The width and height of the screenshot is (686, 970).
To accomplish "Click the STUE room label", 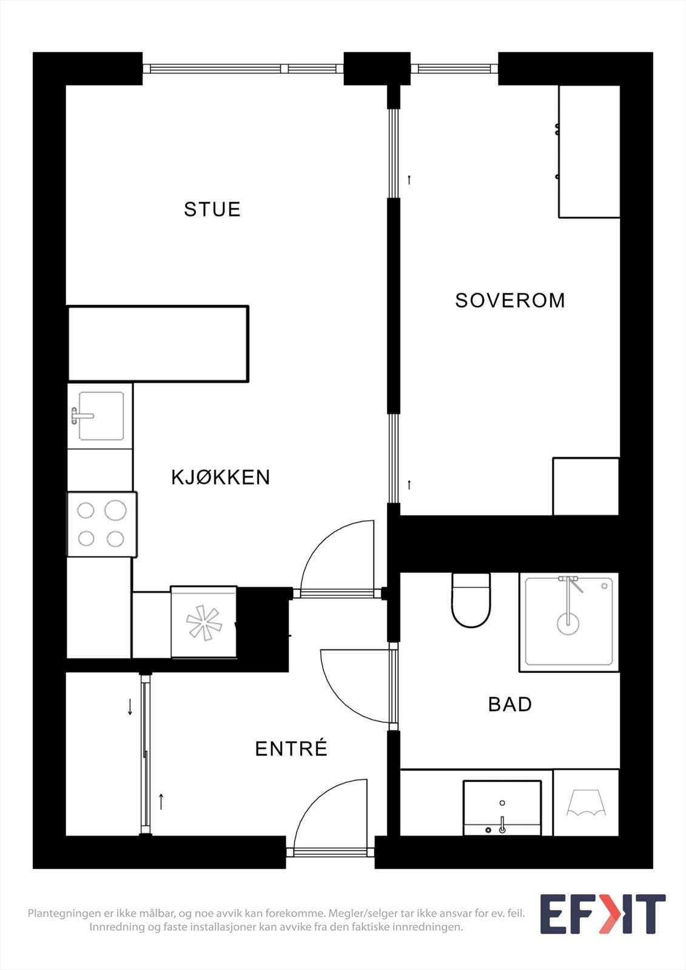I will click(212, 209).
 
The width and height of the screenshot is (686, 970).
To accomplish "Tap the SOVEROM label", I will click(509, 300).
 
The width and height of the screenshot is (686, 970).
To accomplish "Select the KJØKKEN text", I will click(220, 477).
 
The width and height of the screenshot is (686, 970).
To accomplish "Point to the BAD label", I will click(509, 704).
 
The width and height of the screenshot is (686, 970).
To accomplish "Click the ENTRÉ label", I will click(291, 749).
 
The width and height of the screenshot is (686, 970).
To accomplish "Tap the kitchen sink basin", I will click(101, 416).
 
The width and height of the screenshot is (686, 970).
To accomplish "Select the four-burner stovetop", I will click(101, 524).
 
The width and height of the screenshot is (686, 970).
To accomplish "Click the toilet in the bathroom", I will click(471, 601).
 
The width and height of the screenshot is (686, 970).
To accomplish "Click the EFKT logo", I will click(602, 914).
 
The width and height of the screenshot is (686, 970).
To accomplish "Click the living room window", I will click(243, 69).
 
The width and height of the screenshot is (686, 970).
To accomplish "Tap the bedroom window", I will click(454, 69).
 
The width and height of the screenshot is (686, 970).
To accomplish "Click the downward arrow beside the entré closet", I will click(130, 706).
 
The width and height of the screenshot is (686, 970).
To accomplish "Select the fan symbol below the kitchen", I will click(203, 623).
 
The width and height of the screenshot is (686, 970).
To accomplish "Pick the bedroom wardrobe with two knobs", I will click(588, 152).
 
